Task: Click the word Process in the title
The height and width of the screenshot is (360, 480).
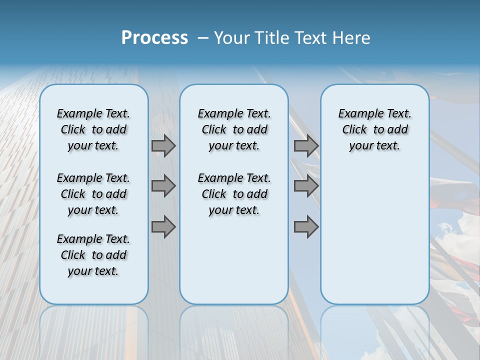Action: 154,38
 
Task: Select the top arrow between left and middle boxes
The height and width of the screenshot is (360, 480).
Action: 163,145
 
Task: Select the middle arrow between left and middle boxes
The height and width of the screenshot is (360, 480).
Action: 163,186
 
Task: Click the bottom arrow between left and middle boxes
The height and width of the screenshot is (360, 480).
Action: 163,227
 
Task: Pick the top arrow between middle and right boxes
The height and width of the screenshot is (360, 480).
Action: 306,145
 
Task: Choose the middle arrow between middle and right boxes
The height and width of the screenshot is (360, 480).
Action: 306,186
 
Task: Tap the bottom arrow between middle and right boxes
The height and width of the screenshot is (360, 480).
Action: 306,227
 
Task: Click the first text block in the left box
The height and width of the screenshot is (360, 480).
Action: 93,129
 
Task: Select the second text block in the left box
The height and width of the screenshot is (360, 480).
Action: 93,194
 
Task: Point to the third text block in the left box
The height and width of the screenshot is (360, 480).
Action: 93,255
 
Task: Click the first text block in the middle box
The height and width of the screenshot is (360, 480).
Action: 234,129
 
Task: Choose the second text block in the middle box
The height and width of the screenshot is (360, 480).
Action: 234,194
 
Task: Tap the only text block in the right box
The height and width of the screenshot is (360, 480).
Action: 374,129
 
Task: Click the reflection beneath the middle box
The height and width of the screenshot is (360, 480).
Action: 234,330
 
